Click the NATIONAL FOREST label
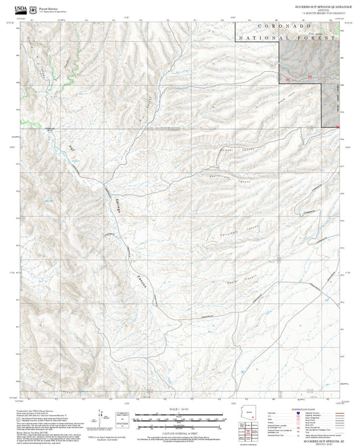tap(286, 38)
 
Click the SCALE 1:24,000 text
tap(179, 408)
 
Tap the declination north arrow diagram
tap(103, 419)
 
